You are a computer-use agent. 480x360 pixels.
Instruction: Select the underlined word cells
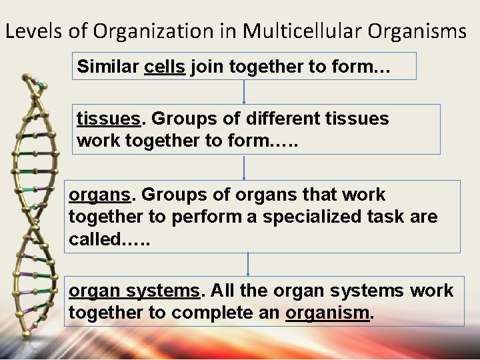[x=165, y=67]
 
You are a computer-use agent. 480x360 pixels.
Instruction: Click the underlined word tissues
[x=109, y=119]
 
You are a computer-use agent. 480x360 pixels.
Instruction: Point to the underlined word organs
[x=99, y=195]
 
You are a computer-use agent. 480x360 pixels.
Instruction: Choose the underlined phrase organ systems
[x=134, y=291]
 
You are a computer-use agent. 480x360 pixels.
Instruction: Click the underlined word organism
[x=327, y=313]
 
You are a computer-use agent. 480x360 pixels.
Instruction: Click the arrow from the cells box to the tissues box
[x=245, y=91]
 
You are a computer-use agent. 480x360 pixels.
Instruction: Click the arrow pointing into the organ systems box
[x=248, y=263]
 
